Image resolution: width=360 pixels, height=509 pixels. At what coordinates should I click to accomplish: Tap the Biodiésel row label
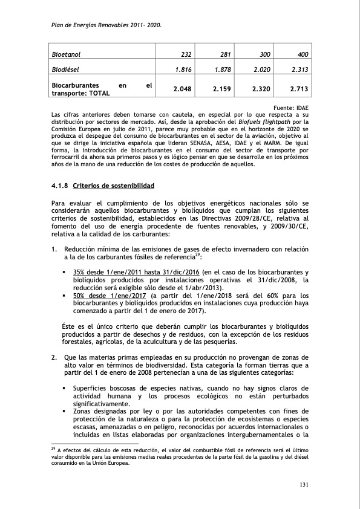click(x=67, y=70)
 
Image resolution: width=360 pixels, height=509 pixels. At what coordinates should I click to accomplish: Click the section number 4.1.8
click(x=60, y=185)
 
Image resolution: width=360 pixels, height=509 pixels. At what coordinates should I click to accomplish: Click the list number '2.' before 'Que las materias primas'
click(x=54, y=357)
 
